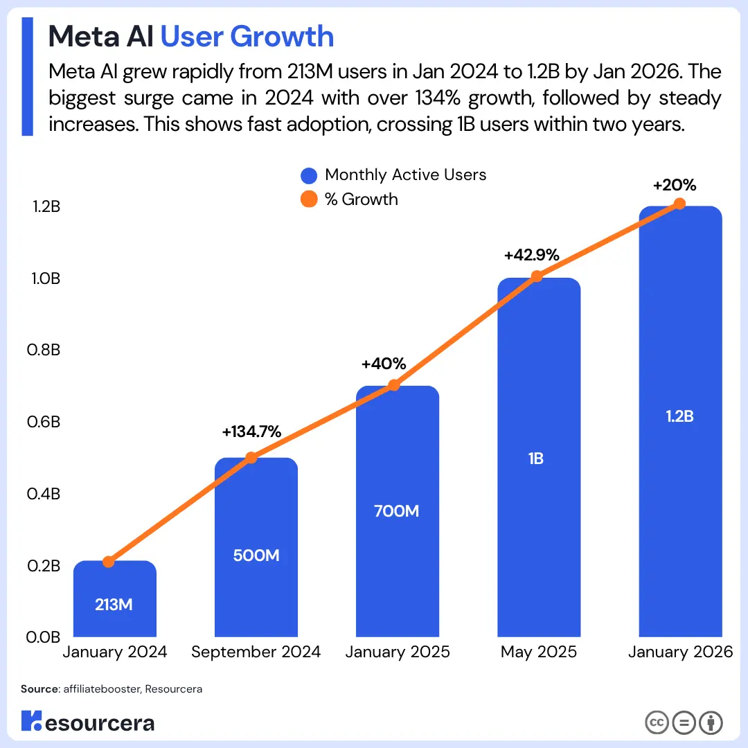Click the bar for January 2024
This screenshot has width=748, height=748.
click(115, 598)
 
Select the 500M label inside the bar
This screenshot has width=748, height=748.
click(256, 555)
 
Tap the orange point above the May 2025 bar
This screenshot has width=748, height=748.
click(535, 276)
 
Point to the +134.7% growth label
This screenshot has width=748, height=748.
click(251, 431)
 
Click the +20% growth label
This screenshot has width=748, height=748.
click(674, 185)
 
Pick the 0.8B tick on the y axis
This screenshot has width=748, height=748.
click(44, 350)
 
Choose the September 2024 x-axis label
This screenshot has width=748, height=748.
click(256, 652)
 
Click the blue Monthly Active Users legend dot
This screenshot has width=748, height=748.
click(309, 175)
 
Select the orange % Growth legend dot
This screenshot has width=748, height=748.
click(309, 199)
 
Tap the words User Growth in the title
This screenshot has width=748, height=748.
click(247, 36)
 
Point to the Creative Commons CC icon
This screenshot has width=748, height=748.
click(657, 722)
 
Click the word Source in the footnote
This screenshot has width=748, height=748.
click(39, 690)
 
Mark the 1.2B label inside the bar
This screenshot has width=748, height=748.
click(679, 416)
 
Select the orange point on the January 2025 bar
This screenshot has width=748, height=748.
click(393, 385)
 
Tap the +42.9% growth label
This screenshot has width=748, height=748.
click(531, 255)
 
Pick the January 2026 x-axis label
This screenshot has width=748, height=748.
click(679, 652)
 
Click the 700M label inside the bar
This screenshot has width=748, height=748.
click(397, 511)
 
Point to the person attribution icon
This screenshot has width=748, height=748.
click(711, 722)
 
